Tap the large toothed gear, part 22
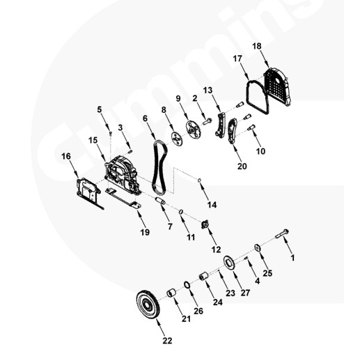(x=147, y=304)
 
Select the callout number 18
(x=256, y=46)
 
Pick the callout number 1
(x=292, y=258)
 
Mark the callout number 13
(x=208, y=91)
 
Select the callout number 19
(x=145, y=231)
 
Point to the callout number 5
(x=99, y=109)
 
